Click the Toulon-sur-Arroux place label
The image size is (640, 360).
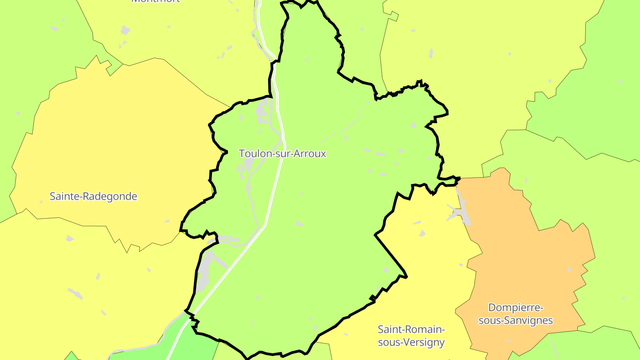click(x=283, y=154)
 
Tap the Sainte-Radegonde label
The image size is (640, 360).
click(x=93, y=196)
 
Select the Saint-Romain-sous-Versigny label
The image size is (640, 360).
click(x=411, y=336)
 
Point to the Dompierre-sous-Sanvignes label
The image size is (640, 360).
click(x=516, y=314)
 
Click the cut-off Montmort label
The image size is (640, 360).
click(x=156, y=1)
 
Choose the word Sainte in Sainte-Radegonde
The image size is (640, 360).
click(x=63, y=196)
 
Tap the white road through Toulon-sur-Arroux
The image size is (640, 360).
click(x=273, y=196)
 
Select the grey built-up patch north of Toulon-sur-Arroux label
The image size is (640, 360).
click(x=264, y=111)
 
